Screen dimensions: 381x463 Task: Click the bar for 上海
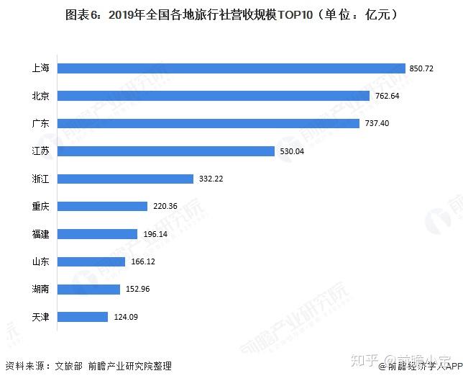[232, 68]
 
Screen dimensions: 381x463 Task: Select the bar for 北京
[214, 96]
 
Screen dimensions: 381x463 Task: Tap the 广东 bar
[208, 123]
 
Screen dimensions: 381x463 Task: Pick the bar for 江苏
[166, 151]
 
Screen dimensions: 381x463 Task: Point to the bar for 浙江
[126, 179]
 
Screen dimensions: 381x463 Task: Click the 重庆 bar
[103, 206]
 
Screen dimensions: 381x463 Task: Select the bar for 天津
[83, 316]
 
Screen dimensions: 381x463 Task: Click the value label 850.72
[423, 69]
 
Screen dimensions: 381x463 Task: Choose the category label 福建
[40, 234]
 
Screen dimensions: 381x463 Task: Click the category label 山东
[40, 261]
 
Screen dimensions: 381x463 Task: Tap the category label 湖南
[40, 289]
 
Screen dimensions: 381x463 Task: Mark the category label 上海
[40, 68]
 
